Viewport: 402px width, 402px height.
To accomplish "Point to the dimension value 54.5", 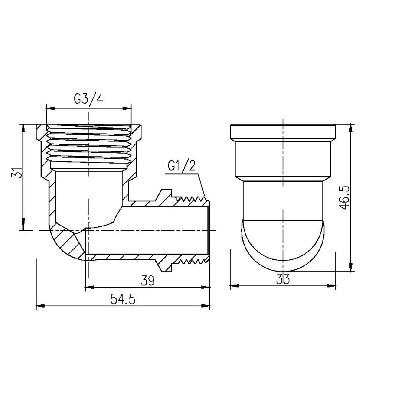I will coord(123,300).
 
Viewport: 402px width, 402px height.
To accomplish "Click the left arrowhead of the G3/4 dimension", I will coord(50,108).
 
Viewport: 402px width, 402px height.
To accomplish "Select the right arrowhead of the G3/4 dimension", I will coord(127,108).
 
